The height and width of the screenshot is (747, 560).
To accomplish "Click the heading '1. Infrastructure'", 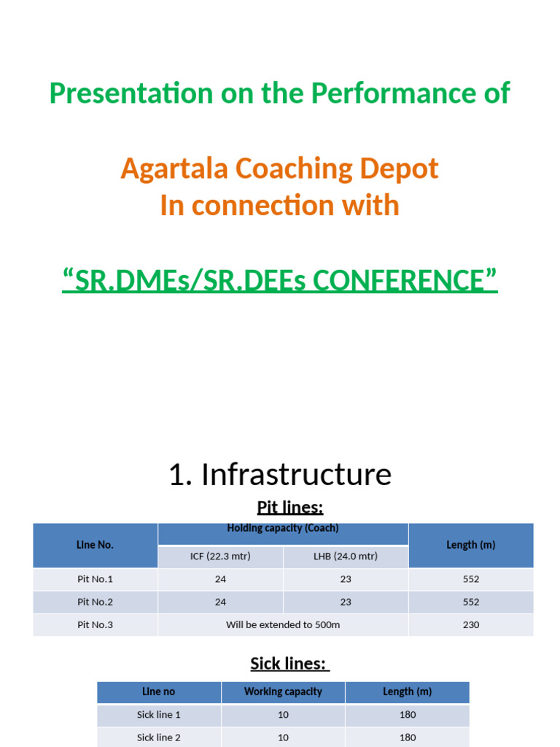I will point(280,474).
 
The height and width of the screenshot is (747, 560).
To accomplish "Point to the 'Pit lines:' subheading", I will point(290,507).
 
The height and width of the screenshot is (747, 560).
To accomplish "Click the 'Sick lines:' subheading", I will point(289,663).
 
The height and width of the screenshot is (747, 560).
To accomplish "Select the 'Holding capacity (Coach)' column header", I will point(283,529).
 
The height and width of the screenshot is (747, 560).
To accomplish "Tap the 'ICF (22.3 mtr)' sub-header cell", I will point(220,556).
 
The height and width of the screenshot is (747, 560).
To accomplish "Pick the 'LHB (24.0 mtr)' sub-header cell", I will point(346,556).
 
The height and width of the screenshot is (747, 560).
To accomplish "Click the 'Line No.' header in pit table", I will point(95,545).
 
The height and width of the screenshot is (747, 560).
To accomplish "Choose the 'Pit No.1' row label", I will point(95,579).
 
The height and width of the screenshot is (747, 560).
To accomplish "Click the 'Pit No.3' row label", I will point(95,624).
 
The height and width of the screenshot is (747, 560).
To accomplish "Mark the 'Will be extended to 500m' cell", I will point(283,624).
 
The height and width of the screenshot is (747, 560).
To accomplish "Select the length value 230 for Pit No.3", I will point(471,624).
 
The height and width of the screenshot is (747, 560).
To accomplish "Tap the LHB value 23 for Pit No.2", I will point(346,602).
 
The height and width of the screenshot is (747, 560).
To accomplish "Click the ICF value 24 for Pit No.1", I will point(220,579).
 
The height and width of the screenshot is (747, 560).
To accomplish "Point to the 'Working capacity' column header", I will point(283,692).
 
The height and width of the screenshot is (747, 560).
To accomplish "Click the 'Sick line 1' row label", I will point(159,715).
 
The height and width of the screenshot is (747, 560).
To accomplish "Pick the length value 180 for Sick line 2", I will point(408,738).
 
